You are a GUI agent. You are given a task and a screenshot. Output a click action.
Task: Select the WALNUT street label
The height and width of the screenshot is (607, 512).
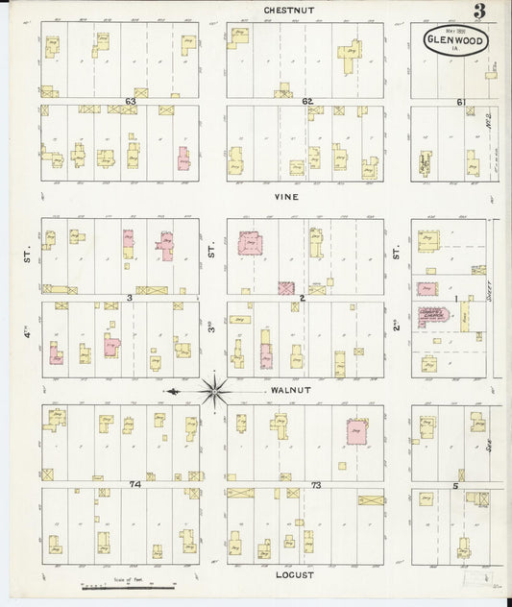pos(289,391)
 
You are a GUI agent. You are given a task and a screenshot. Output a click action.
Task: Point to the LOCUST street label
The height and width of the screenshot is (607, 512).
pos(289,573)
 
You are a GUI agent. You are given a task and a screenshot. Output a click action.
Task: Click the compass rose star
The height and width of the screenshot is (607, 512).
pos(215,391)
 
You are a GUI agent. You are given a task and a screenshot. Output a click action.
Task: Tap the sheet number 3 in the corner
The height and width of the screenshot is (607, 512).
pos(478,12)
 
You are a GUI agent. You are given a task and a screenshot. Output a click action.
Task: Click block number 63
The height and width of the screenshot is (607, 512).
pos(130,101)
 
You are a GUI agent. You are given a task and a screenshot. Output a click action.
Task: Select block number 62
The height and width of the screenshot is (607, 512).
pos(307,101)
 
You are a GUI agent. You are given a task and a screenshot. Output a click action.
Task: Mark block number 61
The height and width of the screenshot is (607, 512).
pos(461,102)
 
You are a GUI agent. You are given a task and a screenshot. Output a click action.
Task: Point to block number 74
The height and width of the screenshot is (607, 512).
pos(135,484)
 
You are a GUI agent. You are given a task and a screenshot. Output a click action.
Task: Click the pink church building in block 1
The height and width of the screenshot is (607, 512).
pos(433,318)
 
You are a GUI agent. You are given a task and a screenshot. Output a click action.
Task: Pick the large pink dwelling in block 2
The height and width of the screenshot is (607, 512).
pos(251,243)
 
